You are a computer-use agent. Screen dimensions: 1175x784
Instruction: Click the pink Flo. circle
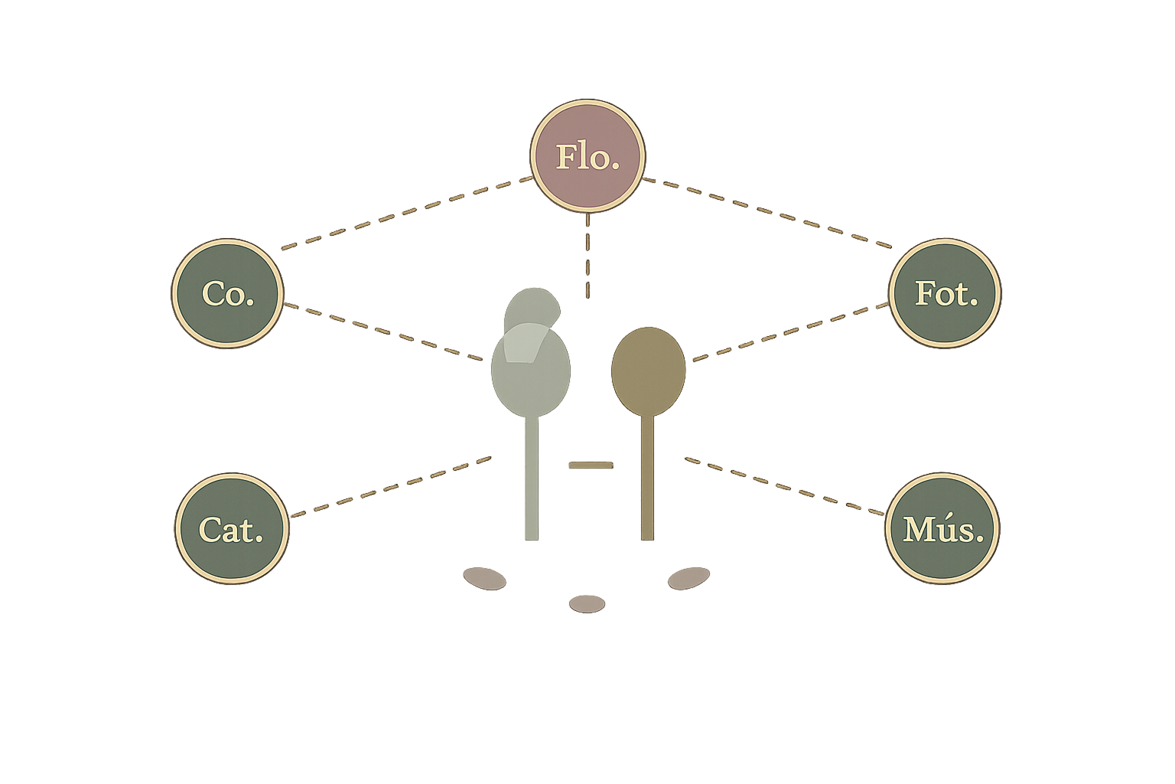[587, 156]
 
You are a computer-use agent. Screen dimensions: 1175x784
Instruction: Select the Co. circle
[228, 293]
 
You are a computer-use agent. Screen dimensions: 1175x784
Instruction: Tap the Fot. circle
[945, 293]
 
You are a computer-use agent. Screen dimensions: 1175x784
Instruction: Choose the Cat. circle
[231, 528]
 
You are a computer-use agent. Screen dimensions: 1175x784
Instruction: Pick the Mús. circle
[942, 528]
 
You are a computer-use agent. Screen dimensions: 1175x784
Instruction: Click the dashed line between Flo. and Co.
[407, 213]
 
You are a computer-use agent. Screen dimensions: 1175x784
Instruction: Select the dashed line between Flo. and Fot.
[767, 213]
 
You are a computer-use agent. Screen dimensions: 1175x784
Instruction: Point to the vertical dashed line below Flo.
[587, 256]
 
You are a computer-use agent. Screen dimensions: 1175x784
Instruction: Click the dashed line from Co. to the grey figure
[383, 332]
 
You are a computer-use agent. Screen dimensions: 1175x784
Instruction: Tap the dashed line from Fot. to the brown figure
[790, 332]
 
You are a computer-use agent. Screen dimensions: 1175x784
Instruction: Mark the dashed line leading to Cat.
[392, 487]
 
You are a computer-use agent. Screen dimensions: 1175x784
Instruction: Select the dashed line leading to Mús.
[785, 486]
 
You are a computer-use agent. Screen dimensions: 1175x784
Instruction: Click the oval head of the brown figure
[649, 371]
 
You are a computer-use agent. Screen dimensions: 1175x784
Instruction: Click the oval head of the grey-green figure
[530, 371]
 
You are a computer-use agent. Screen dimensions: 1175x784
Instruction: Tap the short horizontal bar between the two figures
[591, 465]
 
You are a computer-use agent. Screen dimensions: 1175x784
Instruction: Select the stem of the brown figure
[648, 477]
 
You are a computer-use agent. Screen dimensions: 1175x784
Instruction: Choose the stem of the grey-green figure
[532, 478]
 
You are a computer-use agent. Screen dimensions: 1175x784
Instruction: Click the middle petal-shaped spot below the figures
[587, 604]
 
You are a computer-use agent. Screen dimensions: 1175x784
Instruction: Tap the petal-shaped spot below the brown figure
[688, 578]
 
